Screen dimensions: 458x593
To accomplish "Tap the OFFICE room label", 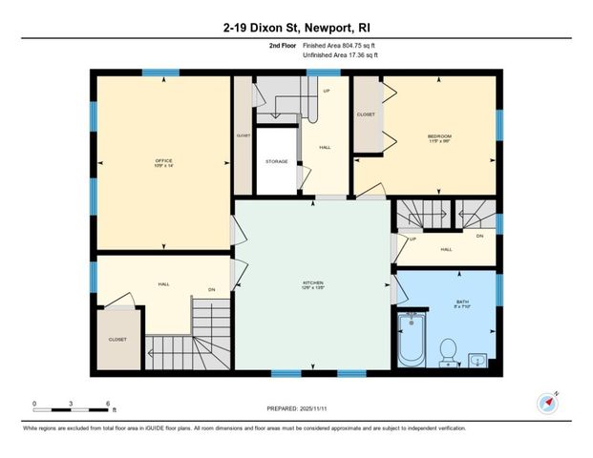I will point(163,161).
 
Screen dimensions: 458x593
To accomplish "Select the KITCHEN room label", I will point(313,283).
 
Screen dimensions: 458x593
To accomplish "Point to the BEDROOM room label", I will point(439,137).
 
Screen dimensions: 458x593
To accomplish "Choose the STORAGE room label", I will point(277,161).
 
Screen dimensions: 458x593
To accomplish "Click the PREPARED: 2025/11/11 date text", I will point(296,408).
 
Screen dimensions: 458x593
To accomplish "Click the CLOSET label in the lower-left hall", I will point(117,339).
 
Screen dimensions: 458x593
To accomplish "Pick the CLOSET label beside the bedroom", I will point(366,115).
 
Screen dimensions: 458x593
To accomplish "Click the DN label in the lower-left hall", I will point(211,289).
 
